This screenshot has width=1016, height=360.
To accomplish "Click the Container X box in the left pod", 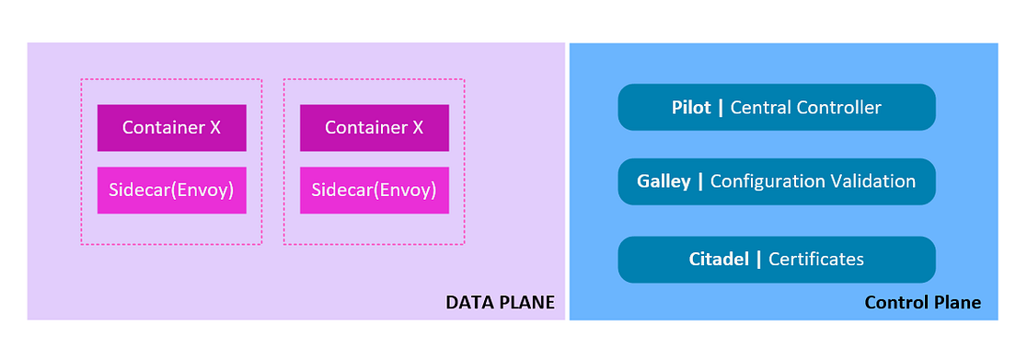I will click(x=171, y=128).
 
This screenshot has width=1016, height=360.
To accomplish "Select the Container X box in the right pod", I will click(x=374, y=128).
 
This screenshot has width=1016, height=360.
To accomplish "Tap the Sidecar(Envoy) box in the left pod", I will click(x=171, y=191).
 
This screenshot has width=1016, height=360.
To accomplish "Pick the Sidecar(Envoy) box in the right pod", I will click(x=374, y=191).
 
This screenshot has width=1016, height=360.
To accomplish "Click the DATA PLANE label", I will click(x=501, y=302).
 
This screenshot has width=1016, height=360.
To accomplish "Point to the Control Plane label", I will click(x=922, y=302).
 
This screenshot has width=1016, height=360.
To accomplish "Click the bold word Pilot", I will click(x=691, y=108).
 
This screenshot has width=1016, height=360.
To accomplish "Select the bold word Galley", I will click(x=664, y=181).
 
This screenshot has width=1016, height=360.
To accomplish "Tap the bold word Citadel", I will click(x=721, y=259).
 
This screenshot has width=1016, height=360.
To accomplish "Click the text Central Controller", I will click(x=805, y=108).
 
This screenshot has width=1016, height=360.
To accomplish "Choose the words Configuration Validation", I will click(x=813, y=181).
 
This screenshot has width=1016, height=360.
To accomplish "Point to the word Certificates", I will click(x=815, y=259).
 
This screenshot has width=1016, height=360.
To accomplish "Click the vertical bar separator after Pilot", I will click(x=721, y=108).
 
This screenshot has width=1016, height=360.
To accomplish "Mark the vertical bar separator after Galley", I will click(x=700, y=181).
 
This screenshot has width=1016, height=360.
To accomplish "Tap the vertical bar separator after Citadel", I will click(x=759, y=259).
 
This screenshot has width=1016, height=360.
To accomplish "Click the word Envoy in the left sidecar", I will click(x=202, y=191).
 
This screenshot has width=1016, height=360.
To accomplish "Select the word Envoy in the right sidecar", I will click(x=405, y=191).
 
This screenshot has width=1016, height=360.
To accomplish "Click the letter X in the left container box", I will click(x=214, y=128).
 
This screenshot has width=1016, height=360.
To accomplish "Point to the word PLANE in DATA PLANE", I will click(x=527, y=302).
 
